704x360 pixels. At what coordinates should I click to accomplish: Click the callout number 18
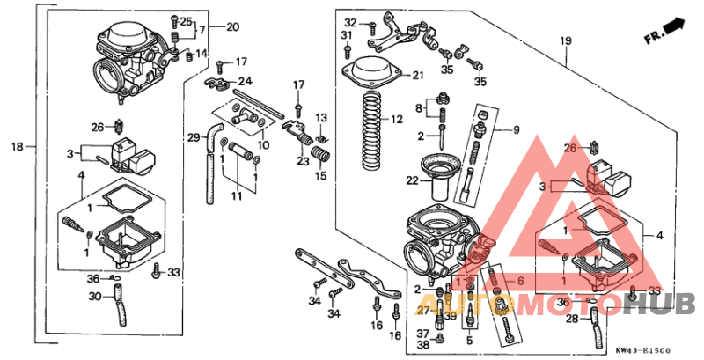pos(15,145)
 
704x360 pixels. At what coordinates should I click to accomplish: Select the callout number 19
pos(565,40)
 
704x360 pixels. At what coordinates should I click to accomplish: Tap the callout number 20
pos(232,26)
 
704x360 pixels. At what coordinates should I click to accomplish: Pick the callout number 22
pos(412,180)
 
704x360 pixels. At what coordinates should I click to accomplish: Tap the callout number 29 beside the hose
pos(193,136)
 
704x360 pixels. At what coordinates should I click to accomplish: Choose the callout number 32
pos(350,22)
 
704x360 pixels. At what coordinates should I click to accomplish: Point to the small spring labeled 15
pos(322,164)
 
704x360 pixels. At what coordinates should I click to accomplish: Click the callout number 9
pos(517,130)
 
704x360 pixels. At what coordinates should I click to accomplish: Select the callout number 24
pos(246,81)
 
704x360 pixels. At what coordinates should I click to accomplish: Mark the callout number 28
pos(572,318)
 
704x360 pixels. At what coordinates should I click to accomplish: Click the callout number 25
pos(186,20)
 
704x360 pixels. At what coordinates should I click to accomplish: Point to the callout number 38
pos(422,345)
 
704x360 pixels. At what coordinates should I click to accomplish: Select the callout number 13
pos(321,118)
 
